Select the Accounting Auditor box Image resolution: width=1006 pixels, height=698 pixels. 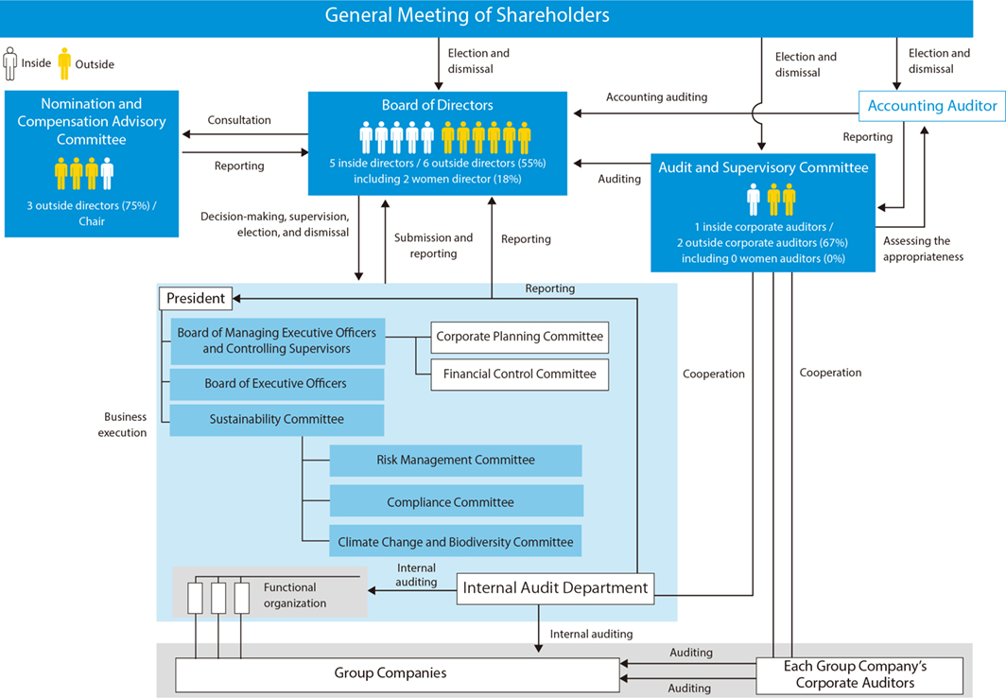tap(931, 106)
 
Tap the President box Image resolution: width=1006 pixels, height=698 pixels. tap(195, 299)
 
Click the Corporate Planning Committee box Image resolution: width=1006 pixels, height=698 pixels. tap(519, 337)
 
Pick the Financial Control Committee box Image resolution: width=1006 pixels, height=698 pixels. tap(519, 375)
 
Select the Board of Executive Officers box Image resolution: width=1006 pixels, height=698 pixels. tap(276, 384)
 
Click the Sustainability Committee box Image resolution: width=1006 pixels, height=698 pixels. tap(276, 419)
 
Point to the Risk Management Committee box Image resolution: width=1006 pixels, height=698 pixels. tap(455, 461)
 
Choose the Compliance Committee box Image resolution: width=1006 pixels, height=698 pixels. tap(455, 501)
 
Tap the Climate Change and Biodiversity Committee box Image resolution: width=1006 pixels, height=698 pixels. tap(455, 542)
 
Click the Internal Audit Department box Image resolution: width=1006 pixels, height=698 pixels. tap(555, 588)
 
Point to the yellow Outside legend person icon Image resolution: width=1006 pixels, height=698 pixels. tap(64, 63)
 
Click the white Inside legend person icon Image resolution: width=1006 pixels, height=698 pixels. tap(10, 63)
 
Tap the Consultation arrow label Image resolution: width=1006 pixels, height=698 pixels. tap(239, 120)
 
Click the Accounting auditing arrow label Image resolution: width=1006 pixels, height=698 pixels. tap(656, 96)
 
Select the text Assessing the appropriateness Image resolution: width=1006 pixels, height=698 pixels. tap(923, 249)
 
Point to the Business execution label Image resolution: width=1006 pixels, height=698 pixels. tap(125, 425)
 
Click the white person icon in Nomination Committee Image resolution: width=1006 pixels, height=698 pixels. tap(107, 173)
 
